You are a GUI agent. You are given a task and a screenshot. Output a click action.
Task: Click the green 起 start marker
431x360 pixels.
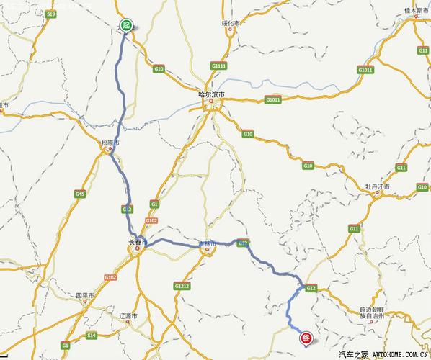coord(126,24)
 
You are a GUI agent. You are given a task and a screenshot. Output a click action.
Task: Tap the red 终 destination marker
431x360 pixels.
coord(306,336)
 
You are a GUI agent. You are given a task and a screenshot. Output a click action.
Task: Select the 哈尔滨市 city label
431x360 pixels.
coord(211,94)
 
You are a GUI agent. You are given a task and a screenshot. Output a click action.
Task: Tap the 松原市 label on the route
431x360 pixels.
coord(110,143)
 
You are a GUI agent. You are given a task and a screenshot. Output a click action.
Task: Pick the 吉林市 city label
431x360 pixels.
coord(208,245)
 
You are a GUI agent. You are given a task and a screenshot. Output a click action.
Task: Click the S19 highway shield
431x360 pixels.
coord(50,14)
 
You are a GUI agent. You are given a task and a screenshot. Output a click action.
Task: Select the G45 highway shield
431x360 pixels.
coord(79,194)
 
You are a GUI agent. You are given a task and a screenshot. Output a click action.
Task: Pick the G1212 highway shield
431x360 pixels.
coord(182,286)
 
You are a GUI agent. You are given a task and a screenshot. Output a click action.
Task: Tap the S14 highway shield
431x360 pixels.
coord(92,336)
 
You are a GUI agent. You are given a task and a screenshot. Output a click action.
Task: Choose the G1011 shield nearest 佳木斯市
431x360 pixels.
coord(365,70)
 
